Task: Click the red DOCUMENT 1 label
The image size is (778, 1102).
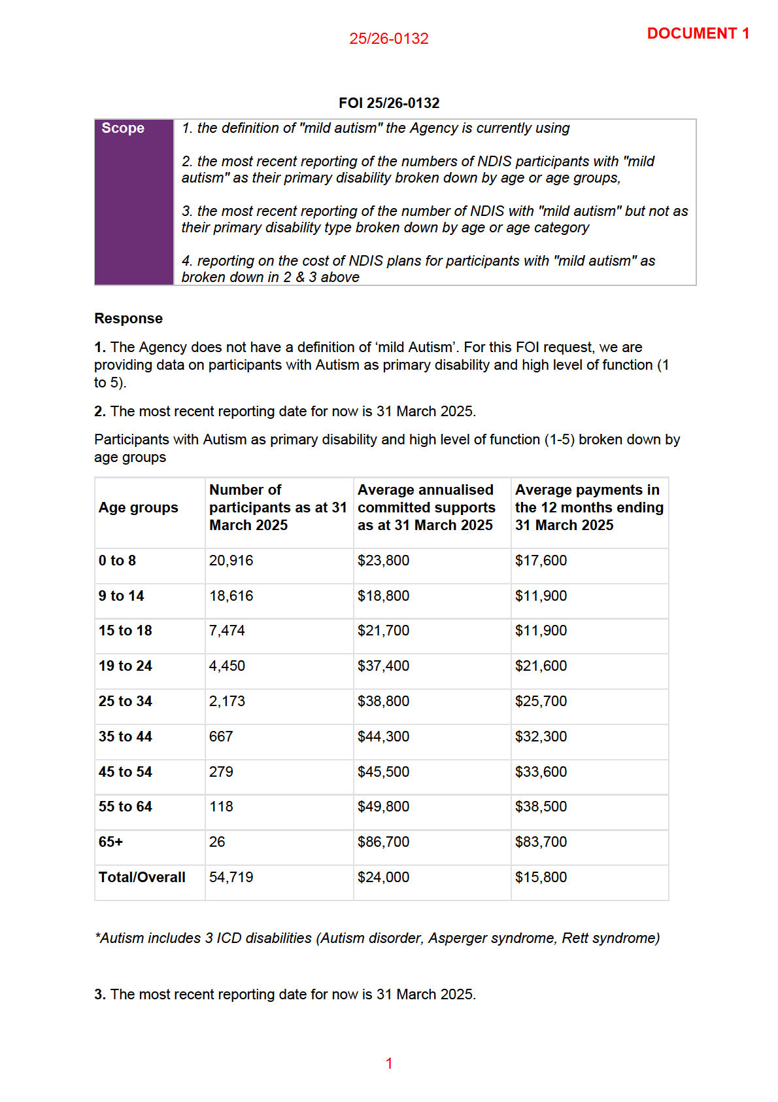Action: point(698,33)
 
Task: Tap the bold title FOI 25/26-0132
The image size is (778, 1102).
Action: point(389,103)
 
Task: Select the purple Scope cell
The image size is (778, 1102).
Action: point(134,202)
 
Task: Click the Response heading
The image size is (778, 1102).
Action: point(128,319)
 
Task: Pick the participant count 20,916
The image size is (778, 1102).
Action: point(231,561)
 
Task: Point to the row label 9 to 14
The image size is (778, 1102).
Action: point(121,596)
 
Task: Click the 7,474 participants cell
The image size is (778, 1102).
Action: point(227,631)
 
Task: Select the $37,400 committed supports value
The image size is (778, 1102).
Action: point(383,666)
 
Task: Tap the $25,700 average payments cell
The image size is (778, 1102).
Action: point(541,702)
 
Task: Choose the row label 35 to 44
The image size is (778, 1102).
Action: point(125,737)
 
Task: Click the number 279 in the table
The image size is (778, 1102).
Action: point(221,772)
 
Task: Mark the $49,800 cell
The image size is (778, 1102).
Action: point(383,807)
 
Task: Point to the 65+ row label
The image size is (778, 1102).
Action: point(110,842)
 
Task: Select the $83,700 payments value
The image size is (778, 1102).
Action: point(541,842)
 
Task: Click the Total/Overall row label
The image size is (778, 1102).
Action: point(142,878)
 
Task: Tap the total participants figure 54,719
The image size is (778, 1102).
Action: point(231,878)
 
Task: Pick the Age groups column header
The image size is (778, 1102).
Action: point(138,508)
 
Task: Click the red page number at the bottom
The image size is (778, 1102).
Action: point(389,1063)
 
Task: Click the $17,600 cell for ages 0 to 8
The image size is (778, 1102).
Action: point(541,561)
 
